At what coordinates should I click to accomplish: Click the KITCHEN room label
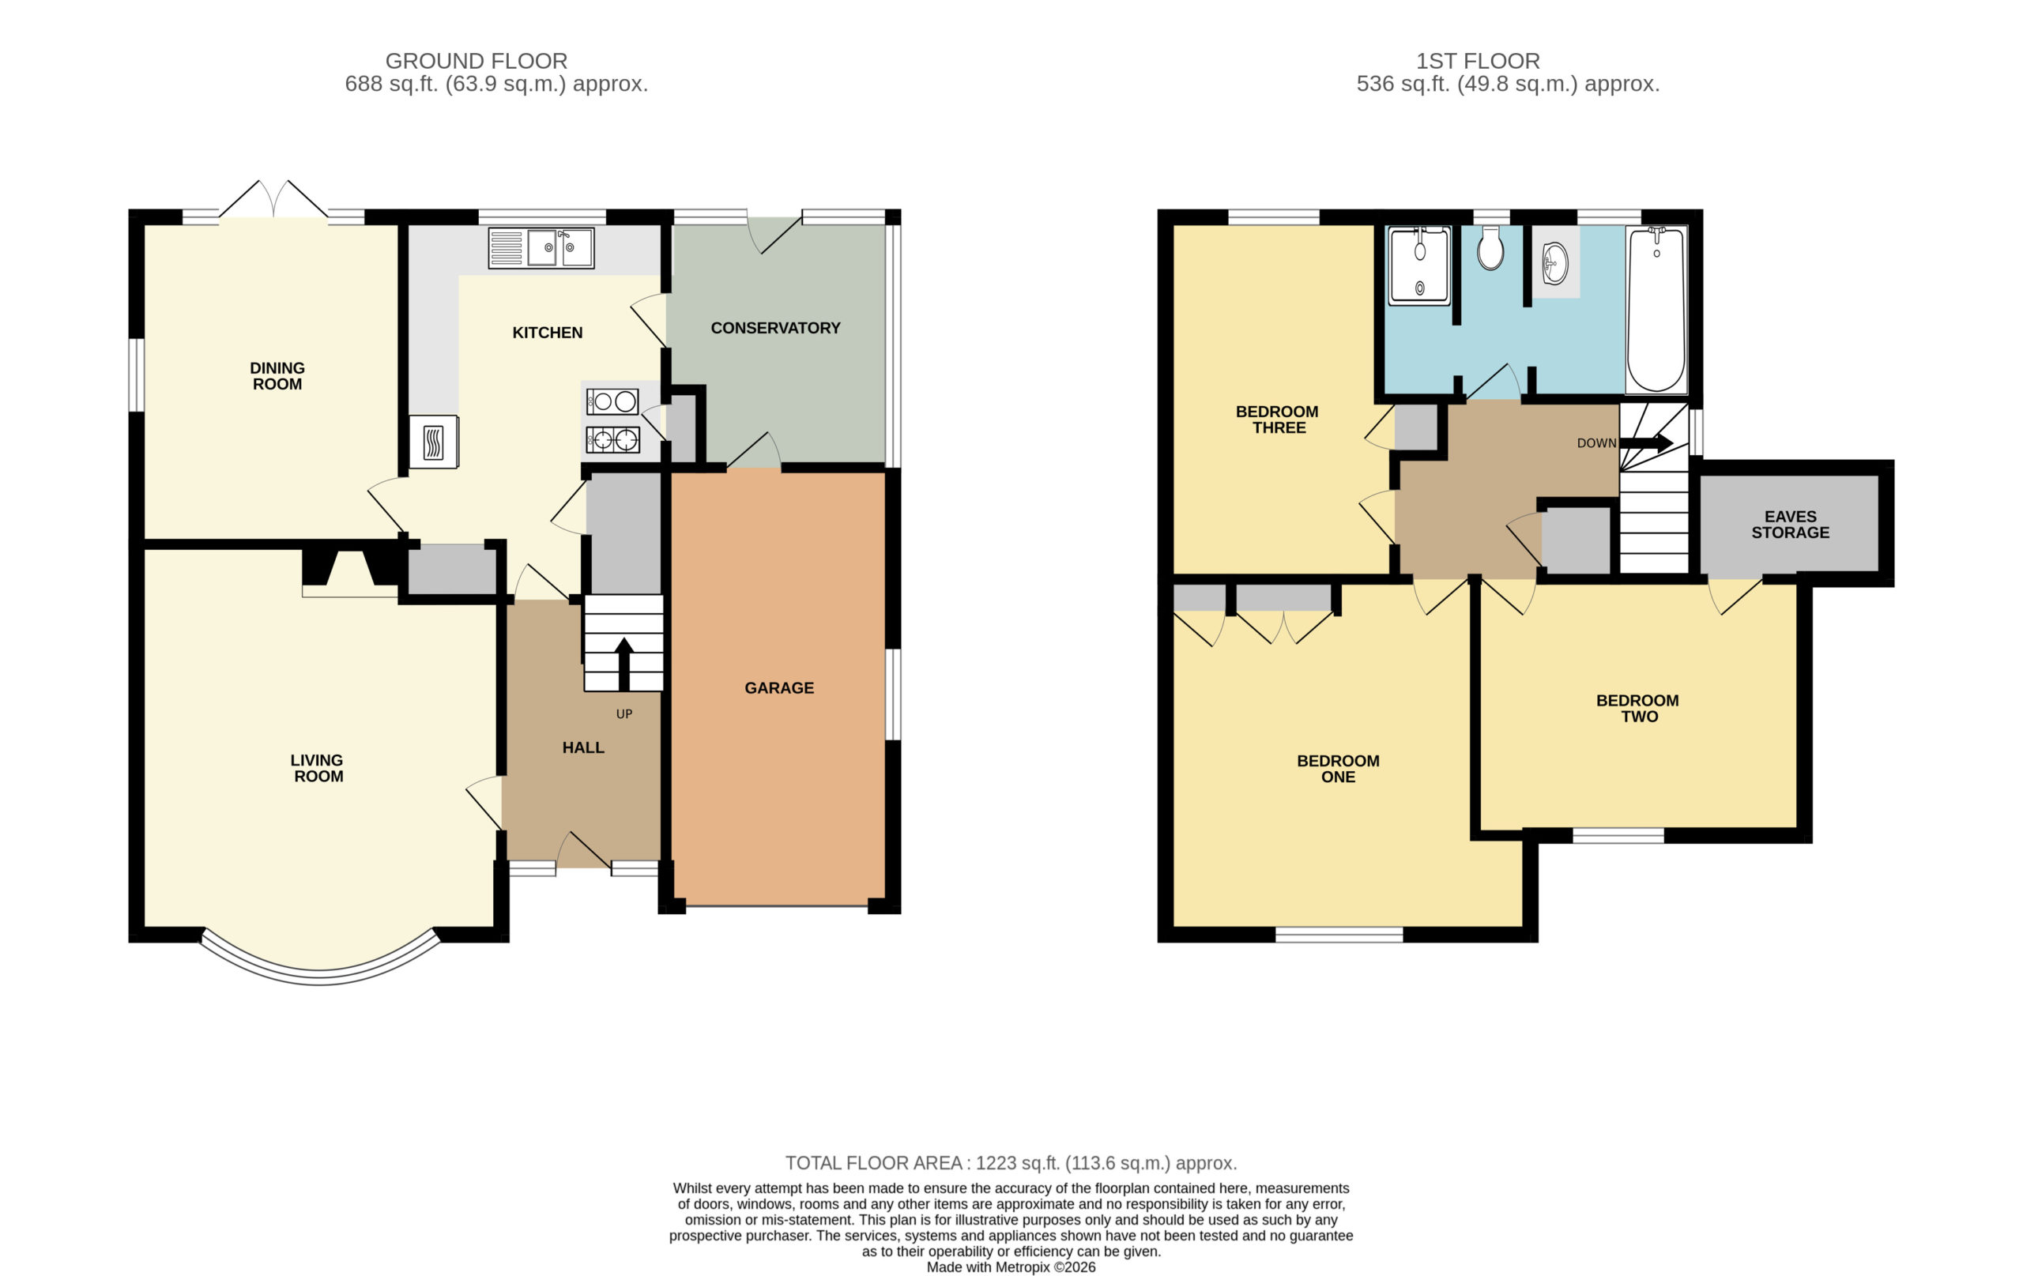(x=547, y=333)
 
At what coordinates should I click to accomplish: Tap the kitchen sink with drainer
(x=541, y=248)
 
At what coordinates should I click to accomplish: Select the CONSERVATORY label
(x=775, y=329)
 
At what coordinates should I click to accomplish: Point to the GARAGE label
(x=779, y=688)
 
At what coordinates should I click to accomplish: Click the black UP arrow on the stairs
(x=624, y=664)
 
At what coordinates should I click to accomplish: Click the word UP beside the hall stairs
(x=624, y=714)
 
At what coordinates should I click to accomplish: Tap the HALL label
(x=583, y=747)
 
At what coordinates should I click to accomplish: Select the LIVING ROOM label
(x=318, y=768)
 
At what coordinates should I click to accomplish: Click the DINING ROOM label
(x=277, y=375)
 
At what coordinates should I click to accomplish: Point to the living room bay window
(x=319, y=978)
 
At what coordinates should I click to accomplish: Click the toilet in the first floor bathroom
(x=1490, y=248)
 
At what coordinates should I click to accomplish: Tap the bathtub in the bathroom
(x=1656, y=309)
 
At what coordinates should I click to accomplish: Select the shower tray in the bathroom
(x=1419, y=265)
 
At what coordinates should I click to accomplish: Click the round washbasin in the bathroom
(x=1555, y=263)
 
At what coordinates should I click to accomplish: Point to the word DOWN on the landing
(x=1596, y=442)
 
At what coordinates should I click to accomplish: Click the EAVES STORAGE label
(x=1791, y=524)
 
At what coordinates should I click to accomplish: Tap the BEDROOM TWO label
(x=1637, y=708)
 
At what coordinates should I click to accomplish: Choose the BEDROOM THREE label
(x=1277, y=420)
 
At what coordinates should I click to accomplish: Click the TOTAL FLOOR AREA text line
(x=1011, y=1164)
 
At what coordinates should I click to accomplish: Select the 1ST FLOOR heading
(x=1478, y=61)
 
